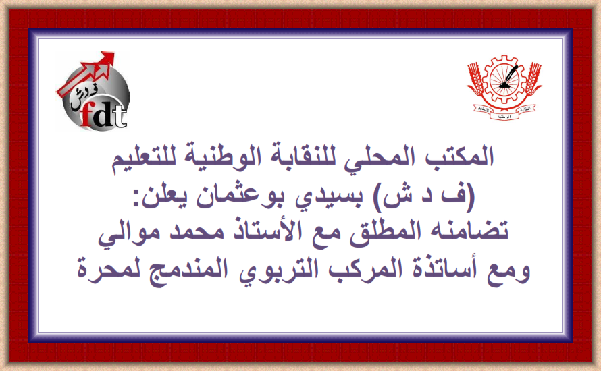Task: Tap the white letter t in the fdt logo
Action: pyautogui.click(x=120, y=115)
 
